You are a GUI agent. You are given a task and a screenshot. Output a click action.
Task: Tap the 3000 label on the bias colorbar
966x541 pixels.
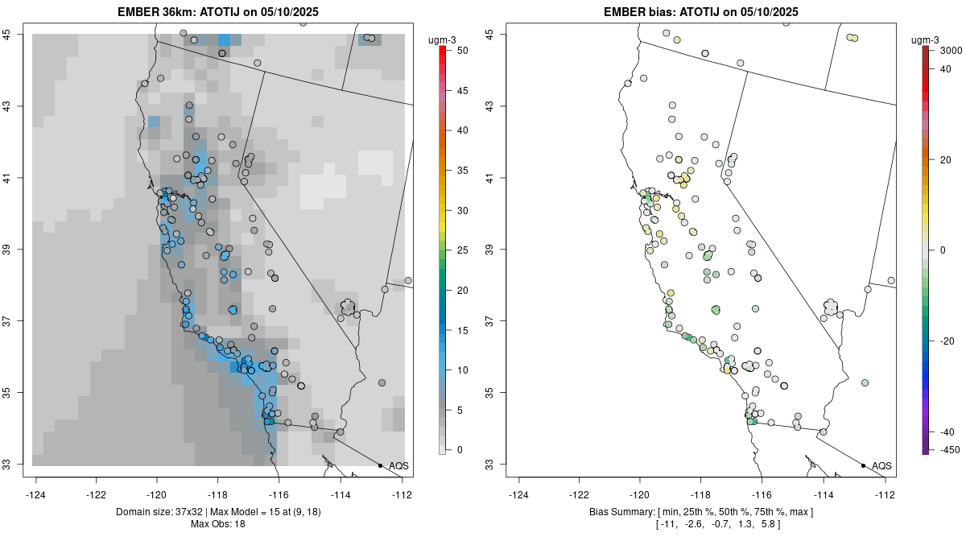click(x=951, y=51)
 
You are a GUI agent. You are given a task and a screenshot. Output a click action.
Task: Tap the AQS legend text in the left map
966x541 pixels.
click(x=398, y=466)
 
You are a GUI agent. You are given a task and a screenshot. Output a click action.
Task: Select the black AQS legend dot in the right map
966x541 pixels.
click(x=863, y=466)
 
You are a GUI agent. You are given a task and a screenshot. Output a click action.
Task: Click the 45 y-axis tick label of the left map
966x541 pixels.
click(x=16, y=34)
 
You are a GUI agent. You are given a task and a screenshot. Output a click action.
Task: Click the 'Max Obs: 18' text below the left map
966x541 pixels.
click(x=218, y=524)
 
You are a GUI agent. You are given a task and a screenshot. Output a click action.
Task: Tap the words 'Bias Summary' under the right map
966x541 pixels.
click(x=621, y=512)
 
